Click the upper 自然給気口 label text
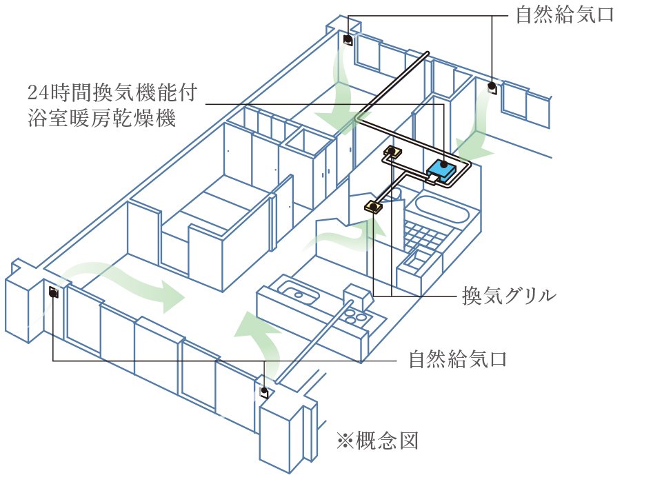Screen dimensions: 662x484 [565, 14]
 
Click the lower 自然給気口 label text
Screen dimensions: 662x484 [458, 360]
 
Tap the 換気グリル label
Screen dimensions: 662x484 [509, 295]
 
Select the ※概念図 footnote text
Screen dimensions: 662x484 [378, 441]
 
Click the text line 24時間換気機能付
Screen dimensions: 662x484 [112, 93]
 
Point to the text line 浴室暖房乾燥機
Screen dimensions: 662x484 [102, 118]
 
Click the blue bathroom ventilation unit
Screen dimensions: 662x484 [442, 170]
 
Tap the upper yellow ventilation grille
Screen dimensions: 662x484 [392, 152]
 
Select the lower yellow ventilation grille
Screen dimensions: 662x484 [374, 207]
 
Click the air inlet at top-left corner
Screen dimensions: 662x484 [348, 40]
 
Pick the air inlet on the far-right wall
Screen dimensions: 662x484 [492, 88]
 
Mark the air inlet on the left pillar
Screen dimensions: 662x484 [53, 292]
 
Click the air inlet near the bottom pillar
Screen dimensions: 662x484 [264, 392]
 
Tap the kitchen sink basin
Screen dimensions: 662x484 [299, 293]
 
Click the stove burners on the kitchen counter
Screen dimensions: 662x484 [356, 316]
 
